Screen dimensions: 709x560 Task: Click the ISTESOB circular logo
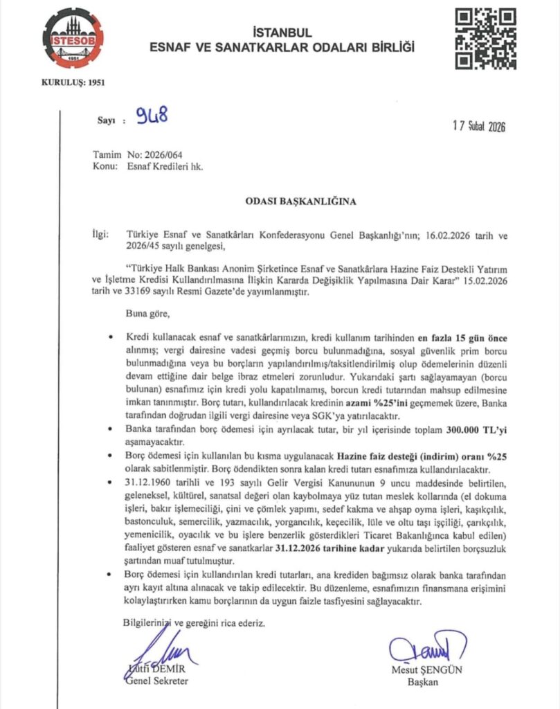(73, 39)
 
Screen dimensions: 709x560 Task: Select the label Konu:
(106, 166)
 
